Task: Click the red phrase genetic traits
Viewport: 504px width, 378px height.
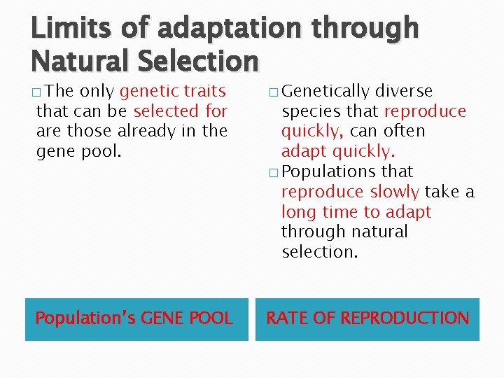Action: (173, 91)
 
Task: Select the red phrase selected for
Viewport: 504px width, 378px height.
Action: (180, 111)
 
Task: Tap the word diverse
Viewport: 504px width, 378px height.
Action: (404, 91)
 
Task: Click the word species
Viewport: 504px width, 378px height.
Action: (308, 111)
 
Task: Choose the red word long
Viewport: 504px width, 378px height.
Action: (297, 211)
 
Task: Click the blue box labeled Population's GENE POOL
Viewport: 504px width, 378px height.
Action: (136, 319)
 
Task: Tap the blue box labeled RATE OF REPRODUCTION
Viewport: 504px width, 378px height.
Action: (367, 319)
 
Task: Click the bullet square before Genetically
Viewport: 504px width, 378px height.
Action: (272, 92)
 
